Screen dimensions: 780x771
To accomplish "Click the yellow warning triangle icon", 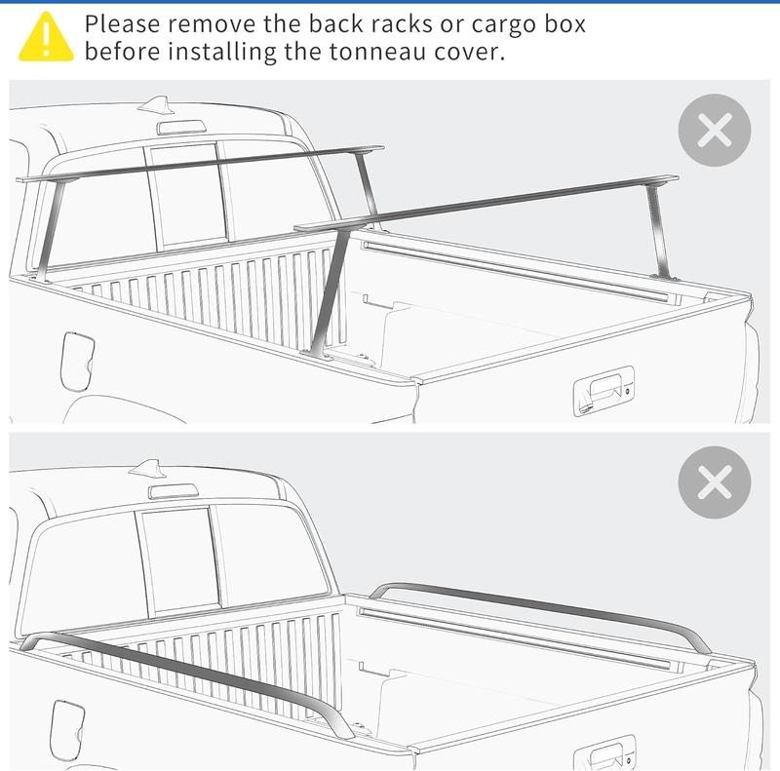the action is [x=46, y=37].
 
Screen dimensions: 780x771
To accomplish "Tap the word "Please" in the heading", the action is [x=122, y=24].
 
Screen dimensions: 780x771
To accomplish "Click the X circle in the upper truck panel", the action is [x=715, y=131].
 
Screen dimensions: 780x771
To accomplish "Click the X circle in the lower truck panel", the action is [x=715, y=482].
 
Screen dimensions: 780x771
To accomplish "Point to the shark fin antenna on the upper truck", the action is [x=155, y=104].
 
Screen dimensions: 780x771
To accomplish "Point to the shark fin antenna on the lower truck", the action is [x=146, y=468].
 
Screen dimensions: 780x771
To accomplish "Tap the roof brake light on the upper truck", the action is [x=181, y=128].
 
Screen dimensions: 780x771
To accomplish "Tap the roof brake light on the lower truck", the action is [x=174, y=491].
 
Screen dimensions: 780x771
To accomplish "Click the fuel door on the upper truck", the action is [x=77, y=362].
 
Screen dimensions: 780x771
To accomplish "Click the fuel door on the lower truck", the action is [x=67, y=730].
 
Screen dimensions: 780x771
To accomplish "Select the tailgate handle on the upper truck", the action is [x=604, y=391].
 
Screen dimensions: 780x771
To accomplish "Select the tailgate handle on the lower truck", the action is [x=604, y=752].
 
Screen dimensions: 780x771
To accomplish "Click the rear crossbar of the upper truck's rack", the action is [x=486, y=202].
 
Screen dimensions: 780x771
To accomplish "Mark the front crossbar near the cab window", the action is [x=200, y=164].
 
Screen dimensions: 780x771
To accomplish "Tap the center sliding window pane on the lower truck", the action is [x=178, y=559].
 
